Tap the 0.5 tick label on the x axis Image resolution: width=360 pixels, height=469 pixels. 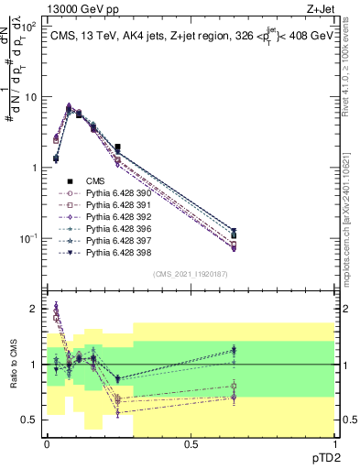tap(191, 443)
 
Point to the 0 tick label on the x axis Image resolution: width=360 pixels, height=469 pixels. tap(47, 443)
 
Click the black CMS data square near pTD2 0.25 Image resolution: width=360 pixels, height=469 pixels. tap(118, 147)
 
